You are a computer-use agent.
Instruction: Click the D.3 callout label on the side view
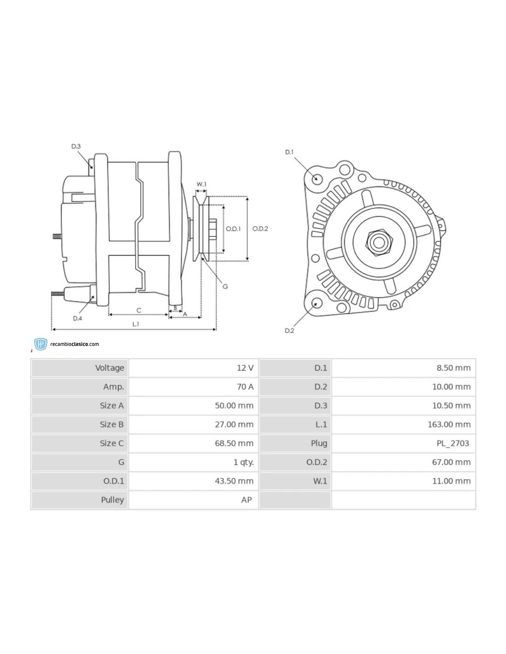click(76, 146)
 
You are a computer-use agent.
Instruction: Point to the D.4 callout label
click(77, 318)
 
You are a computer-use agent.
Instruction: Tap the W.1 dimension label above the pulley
click(201, 184)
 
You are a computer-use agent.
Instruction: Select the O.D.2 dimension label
click(260, 229)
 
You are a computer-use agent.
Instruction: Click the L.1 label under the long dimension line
click(136, 324)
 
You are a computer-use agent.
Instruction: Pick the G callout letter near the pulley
click(225, 287)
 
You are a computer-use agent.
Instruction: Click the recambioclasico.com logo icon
click(41, 344)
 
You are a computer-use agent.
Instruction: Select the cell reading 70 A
click(245, 387)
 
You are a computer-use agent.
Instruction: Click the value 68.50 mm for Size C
click(234, 443)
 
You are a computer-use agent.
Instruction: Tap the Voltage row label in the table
click(109, 368)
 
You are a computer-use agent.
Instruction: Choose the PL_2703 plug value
click(453, 443)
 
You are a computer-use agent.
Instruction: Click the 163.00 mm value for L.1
click(449, 425)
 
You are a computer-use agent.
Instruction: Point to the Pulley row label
click(112, 500)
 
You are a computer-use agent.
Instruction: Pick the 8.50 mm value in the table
click(453, 368)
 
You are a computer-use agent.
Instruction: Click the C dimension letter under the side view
click(138, 310)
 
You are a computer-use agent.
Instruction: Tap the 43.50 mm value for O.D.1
click(234, 481)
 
